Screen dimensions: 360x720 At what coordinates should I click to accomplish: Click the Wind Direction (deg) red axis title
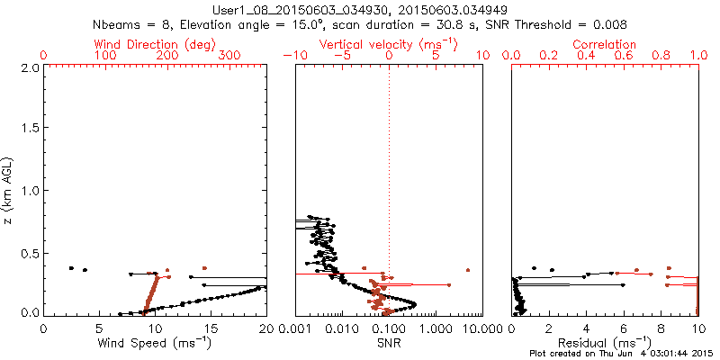point(156,44)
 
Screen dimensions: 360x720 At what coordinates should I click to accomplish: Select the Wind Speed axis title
point(156,343)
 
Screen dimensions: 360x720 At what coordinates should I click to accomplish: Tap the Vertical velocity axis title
point(388,44)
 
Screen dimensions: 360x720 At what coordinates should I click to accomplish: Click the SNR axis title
point(389,343)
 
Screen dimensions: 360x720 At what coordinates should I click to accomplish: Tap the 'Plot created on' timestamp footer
point(620,354)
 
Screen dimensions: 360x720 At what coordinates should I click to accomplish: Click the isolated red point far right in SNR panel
point(468,269)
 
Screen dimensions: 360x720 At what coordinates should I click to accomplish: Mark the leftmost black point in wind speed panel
point(71,268)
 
